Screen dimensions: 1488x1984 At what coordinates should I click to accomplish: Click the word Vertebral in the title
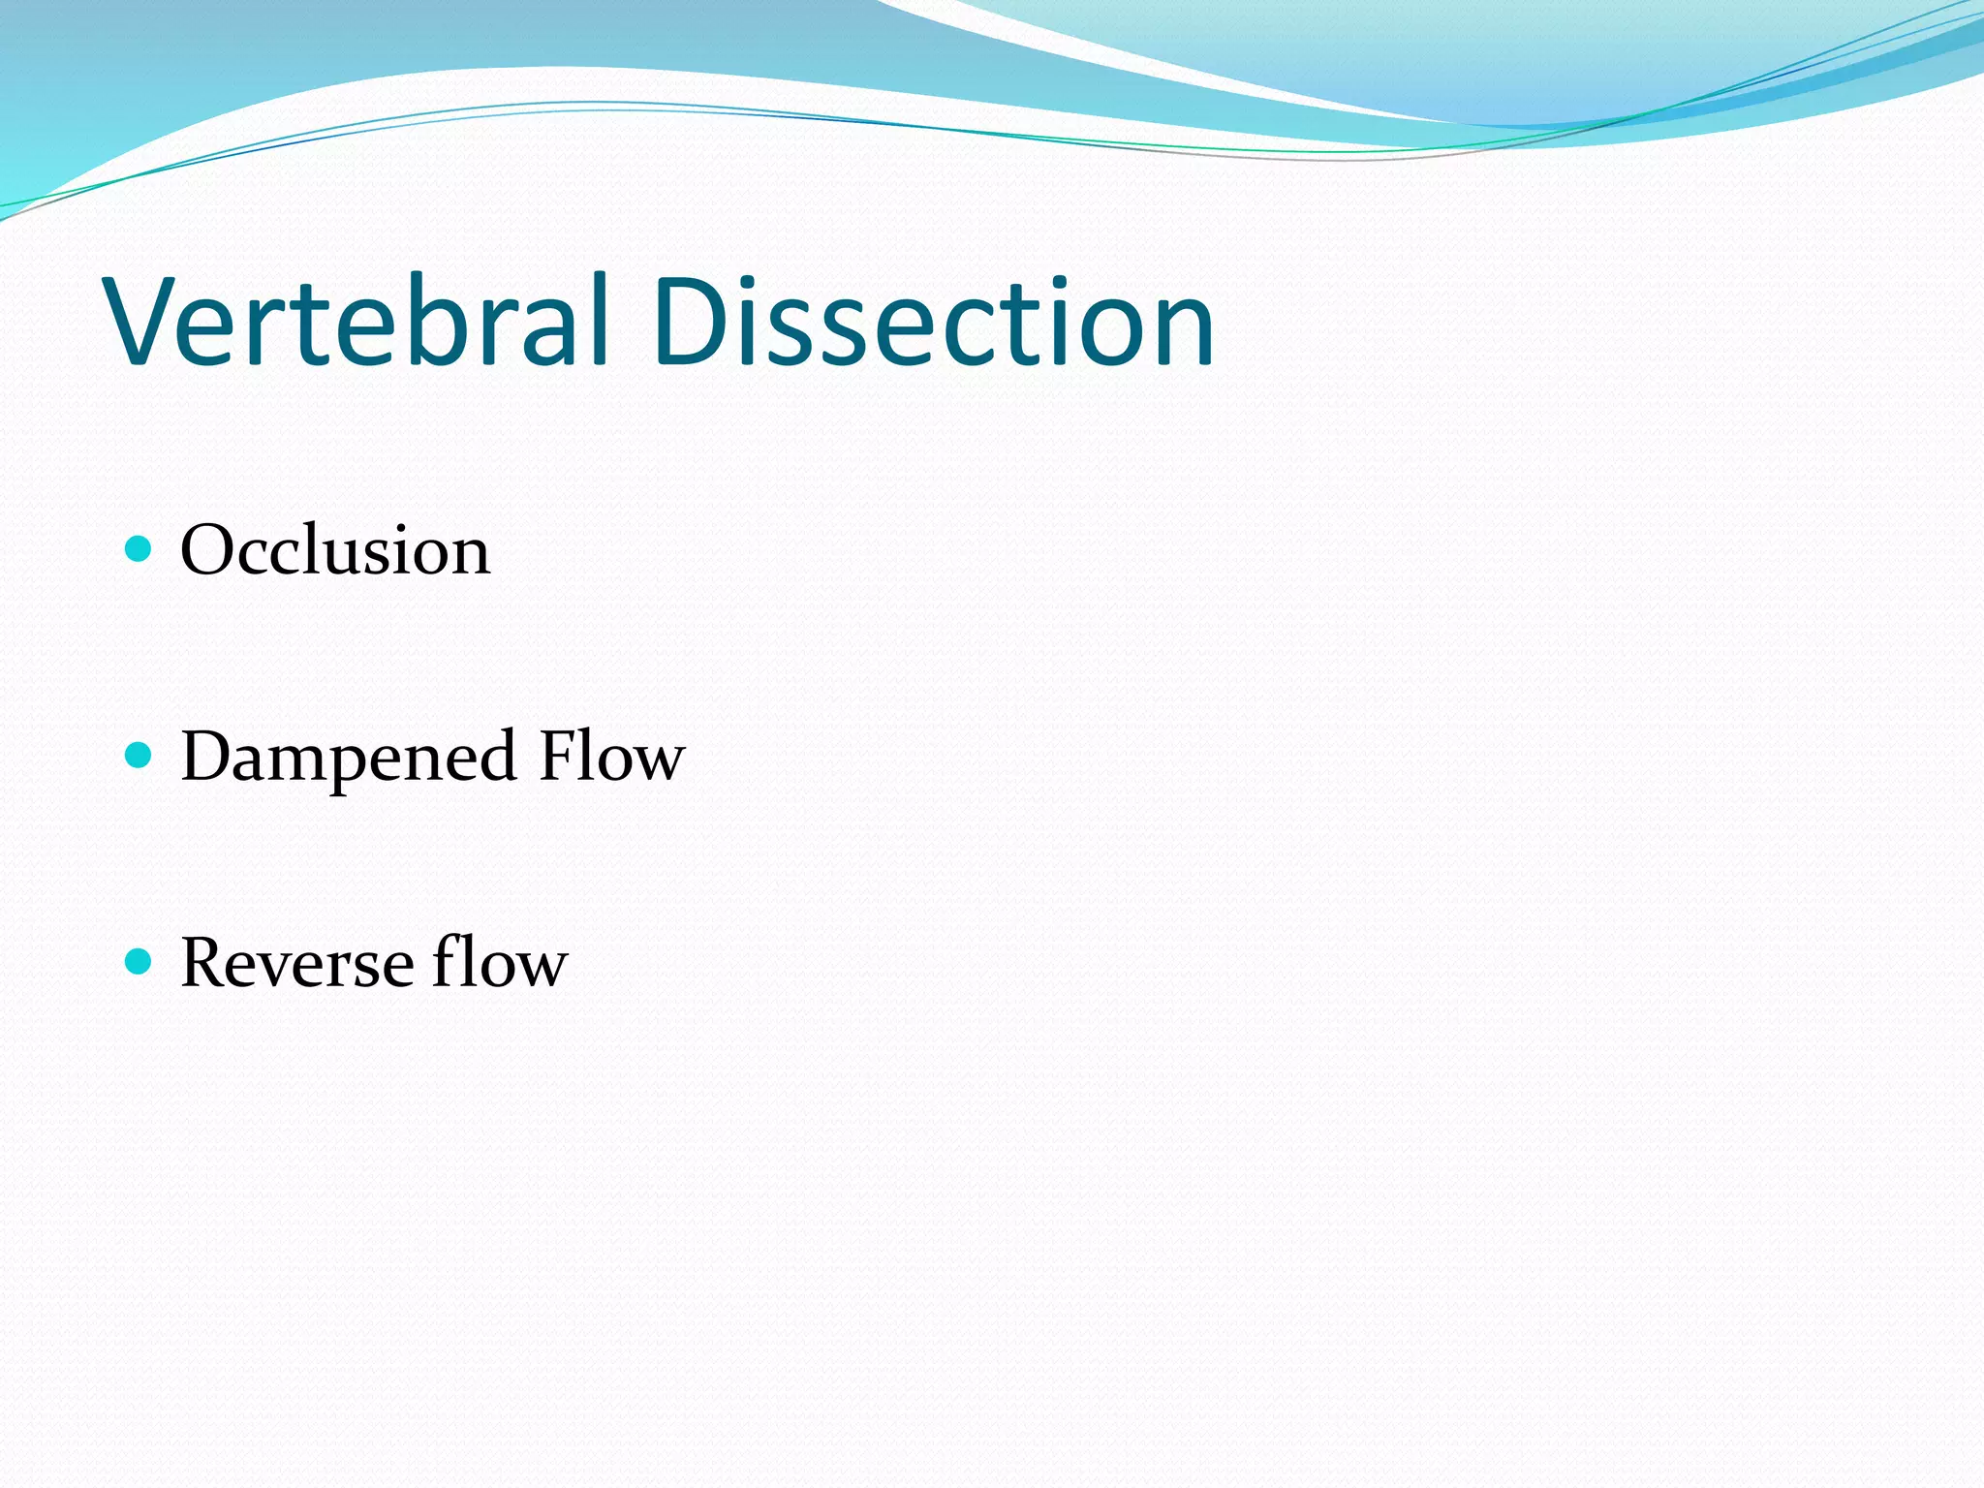click(x=358, y=322)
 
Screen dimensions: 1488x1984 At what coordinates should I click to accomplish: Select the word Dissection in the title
click(x=932, y=322)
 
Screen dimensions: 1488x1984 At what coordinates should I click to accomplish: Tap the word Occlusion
click(x=335, y=550)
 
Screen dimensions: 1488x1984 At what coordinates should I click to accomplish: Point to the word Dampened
click(x=348, y=758)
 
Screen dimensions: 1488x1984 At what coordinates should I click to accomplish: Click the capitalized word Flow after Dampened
click(x=611, y=756)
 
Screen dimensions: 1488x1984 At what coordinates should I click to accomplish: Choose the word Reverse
click(x=297, y=963)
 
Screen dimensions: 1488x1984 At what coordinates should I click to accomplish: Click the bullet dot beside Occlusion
click(x=139, y=549)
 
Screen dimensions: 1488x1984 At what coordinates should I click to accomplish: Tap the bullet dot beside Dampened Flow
click(x=139, y=756)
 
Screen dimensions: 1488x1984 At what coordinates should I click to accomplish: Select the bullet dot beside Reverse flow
click(x=139, y=962)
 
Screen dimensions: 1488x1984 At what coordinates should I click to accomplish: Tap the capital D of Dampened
click(x=207, y=756)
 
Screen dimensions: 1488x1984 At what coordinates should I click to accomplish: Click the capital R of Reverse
click(x=206, y=963)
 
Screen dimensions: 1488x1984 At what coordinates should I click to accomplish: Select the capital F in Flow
click(x=559, y=756)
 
